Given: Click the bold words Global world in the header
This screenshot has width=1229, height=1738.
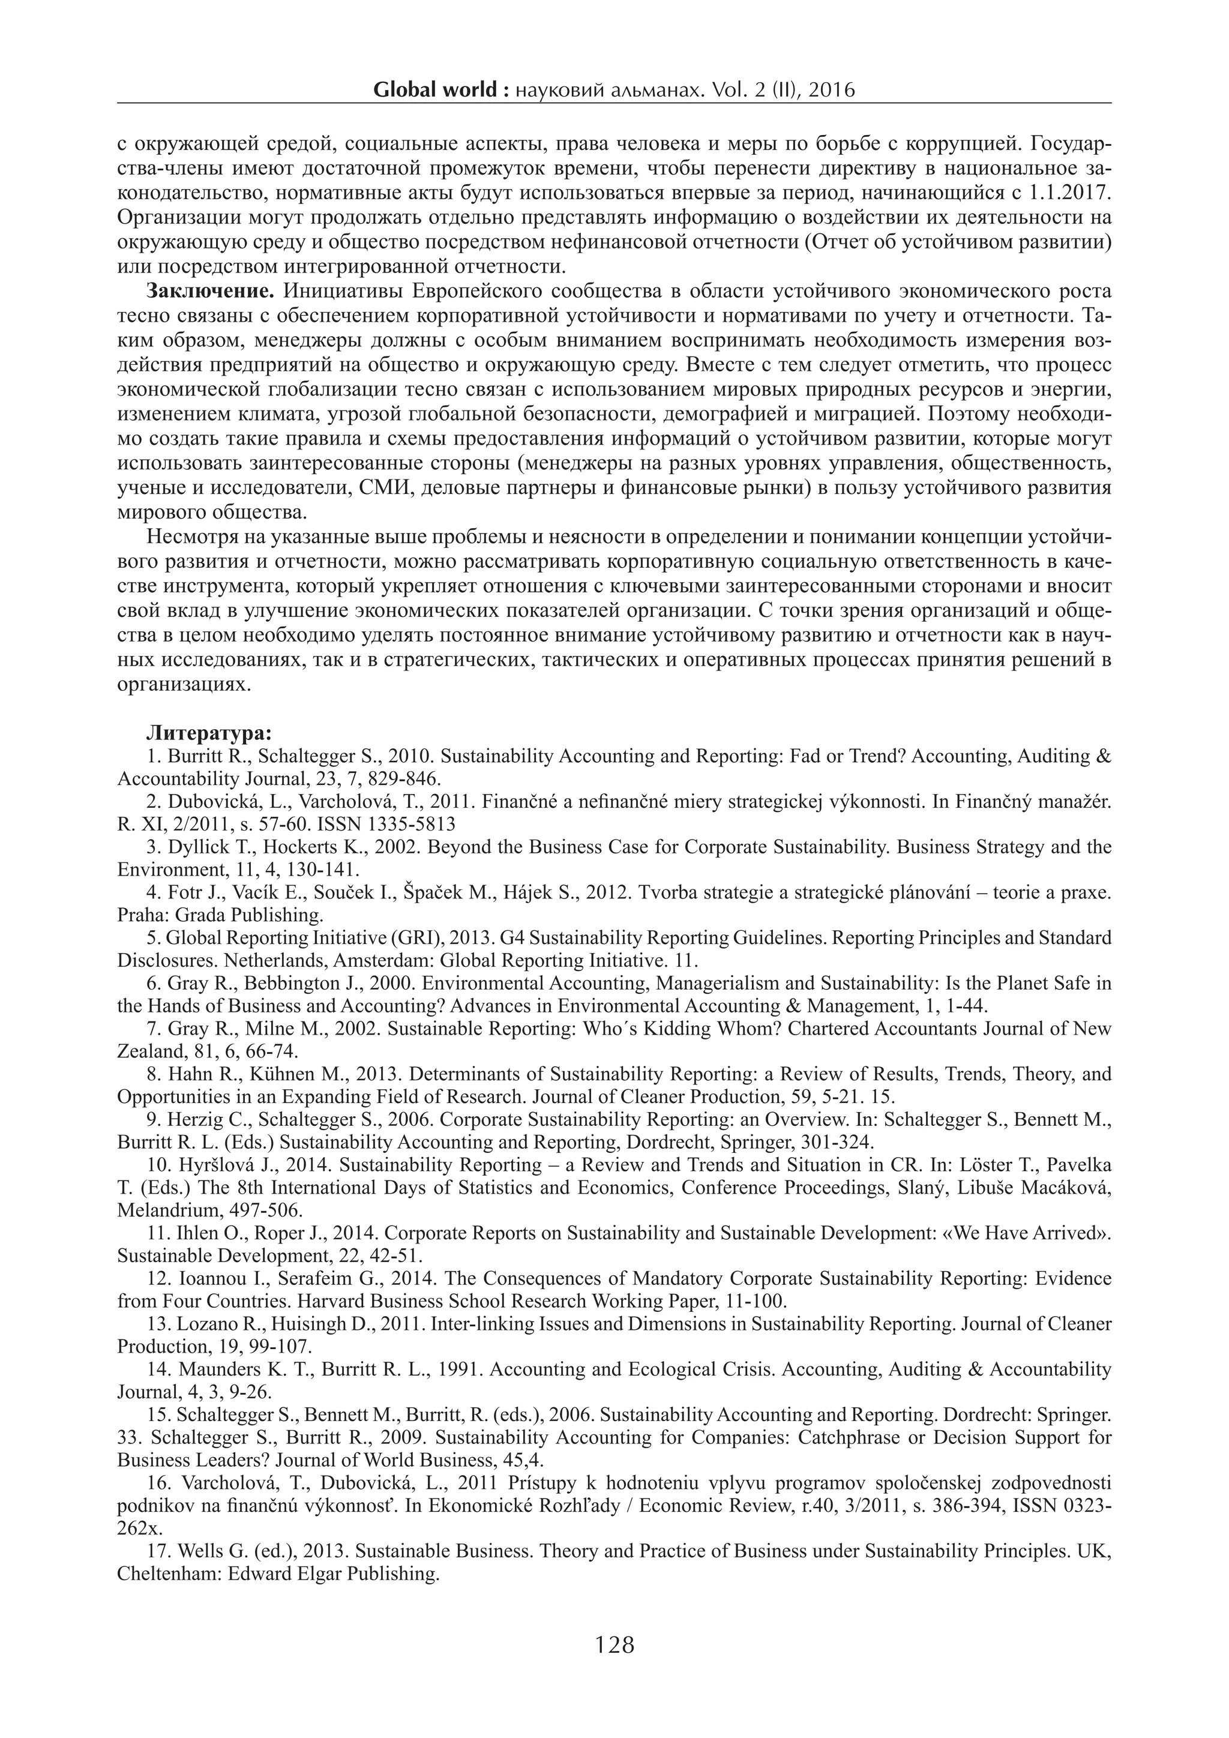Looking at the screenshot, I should tap(435, 90).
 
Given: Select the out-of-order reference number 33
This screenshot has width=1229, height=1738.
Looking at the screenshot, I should tap(128, 1437).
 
